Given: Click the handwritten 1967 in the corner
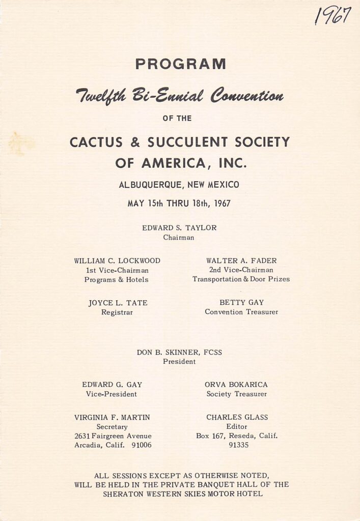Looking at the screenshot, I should (333, 15).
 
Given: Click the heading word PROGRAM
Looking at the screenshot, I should (180, 64).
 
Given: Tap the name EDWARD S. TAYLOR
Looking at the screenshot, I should (179, 228).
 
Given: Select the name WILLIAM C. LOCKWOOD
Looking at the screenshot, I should (117, 261).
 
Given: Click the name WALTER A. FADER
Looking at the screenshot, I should (241, 261).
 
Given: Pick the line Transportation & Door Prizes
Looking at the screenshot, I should (241, 279).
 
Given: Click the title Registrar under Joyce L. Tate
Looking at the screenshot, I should (117, 312).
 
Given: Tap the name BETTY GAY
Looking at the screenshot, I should (241, 302).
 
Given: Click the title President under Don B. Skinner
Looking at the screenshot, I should (179, 362).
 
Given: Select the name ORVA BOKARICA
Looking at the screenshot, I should (236, 385).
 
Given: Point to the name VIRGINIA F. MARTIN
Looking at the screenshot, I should (112, 417).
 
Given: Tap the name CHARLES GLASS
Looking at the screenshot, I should (237, 417).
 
